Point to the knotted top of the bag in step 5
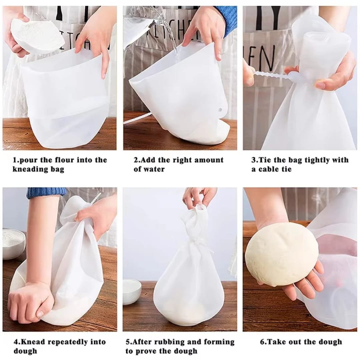196,217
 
